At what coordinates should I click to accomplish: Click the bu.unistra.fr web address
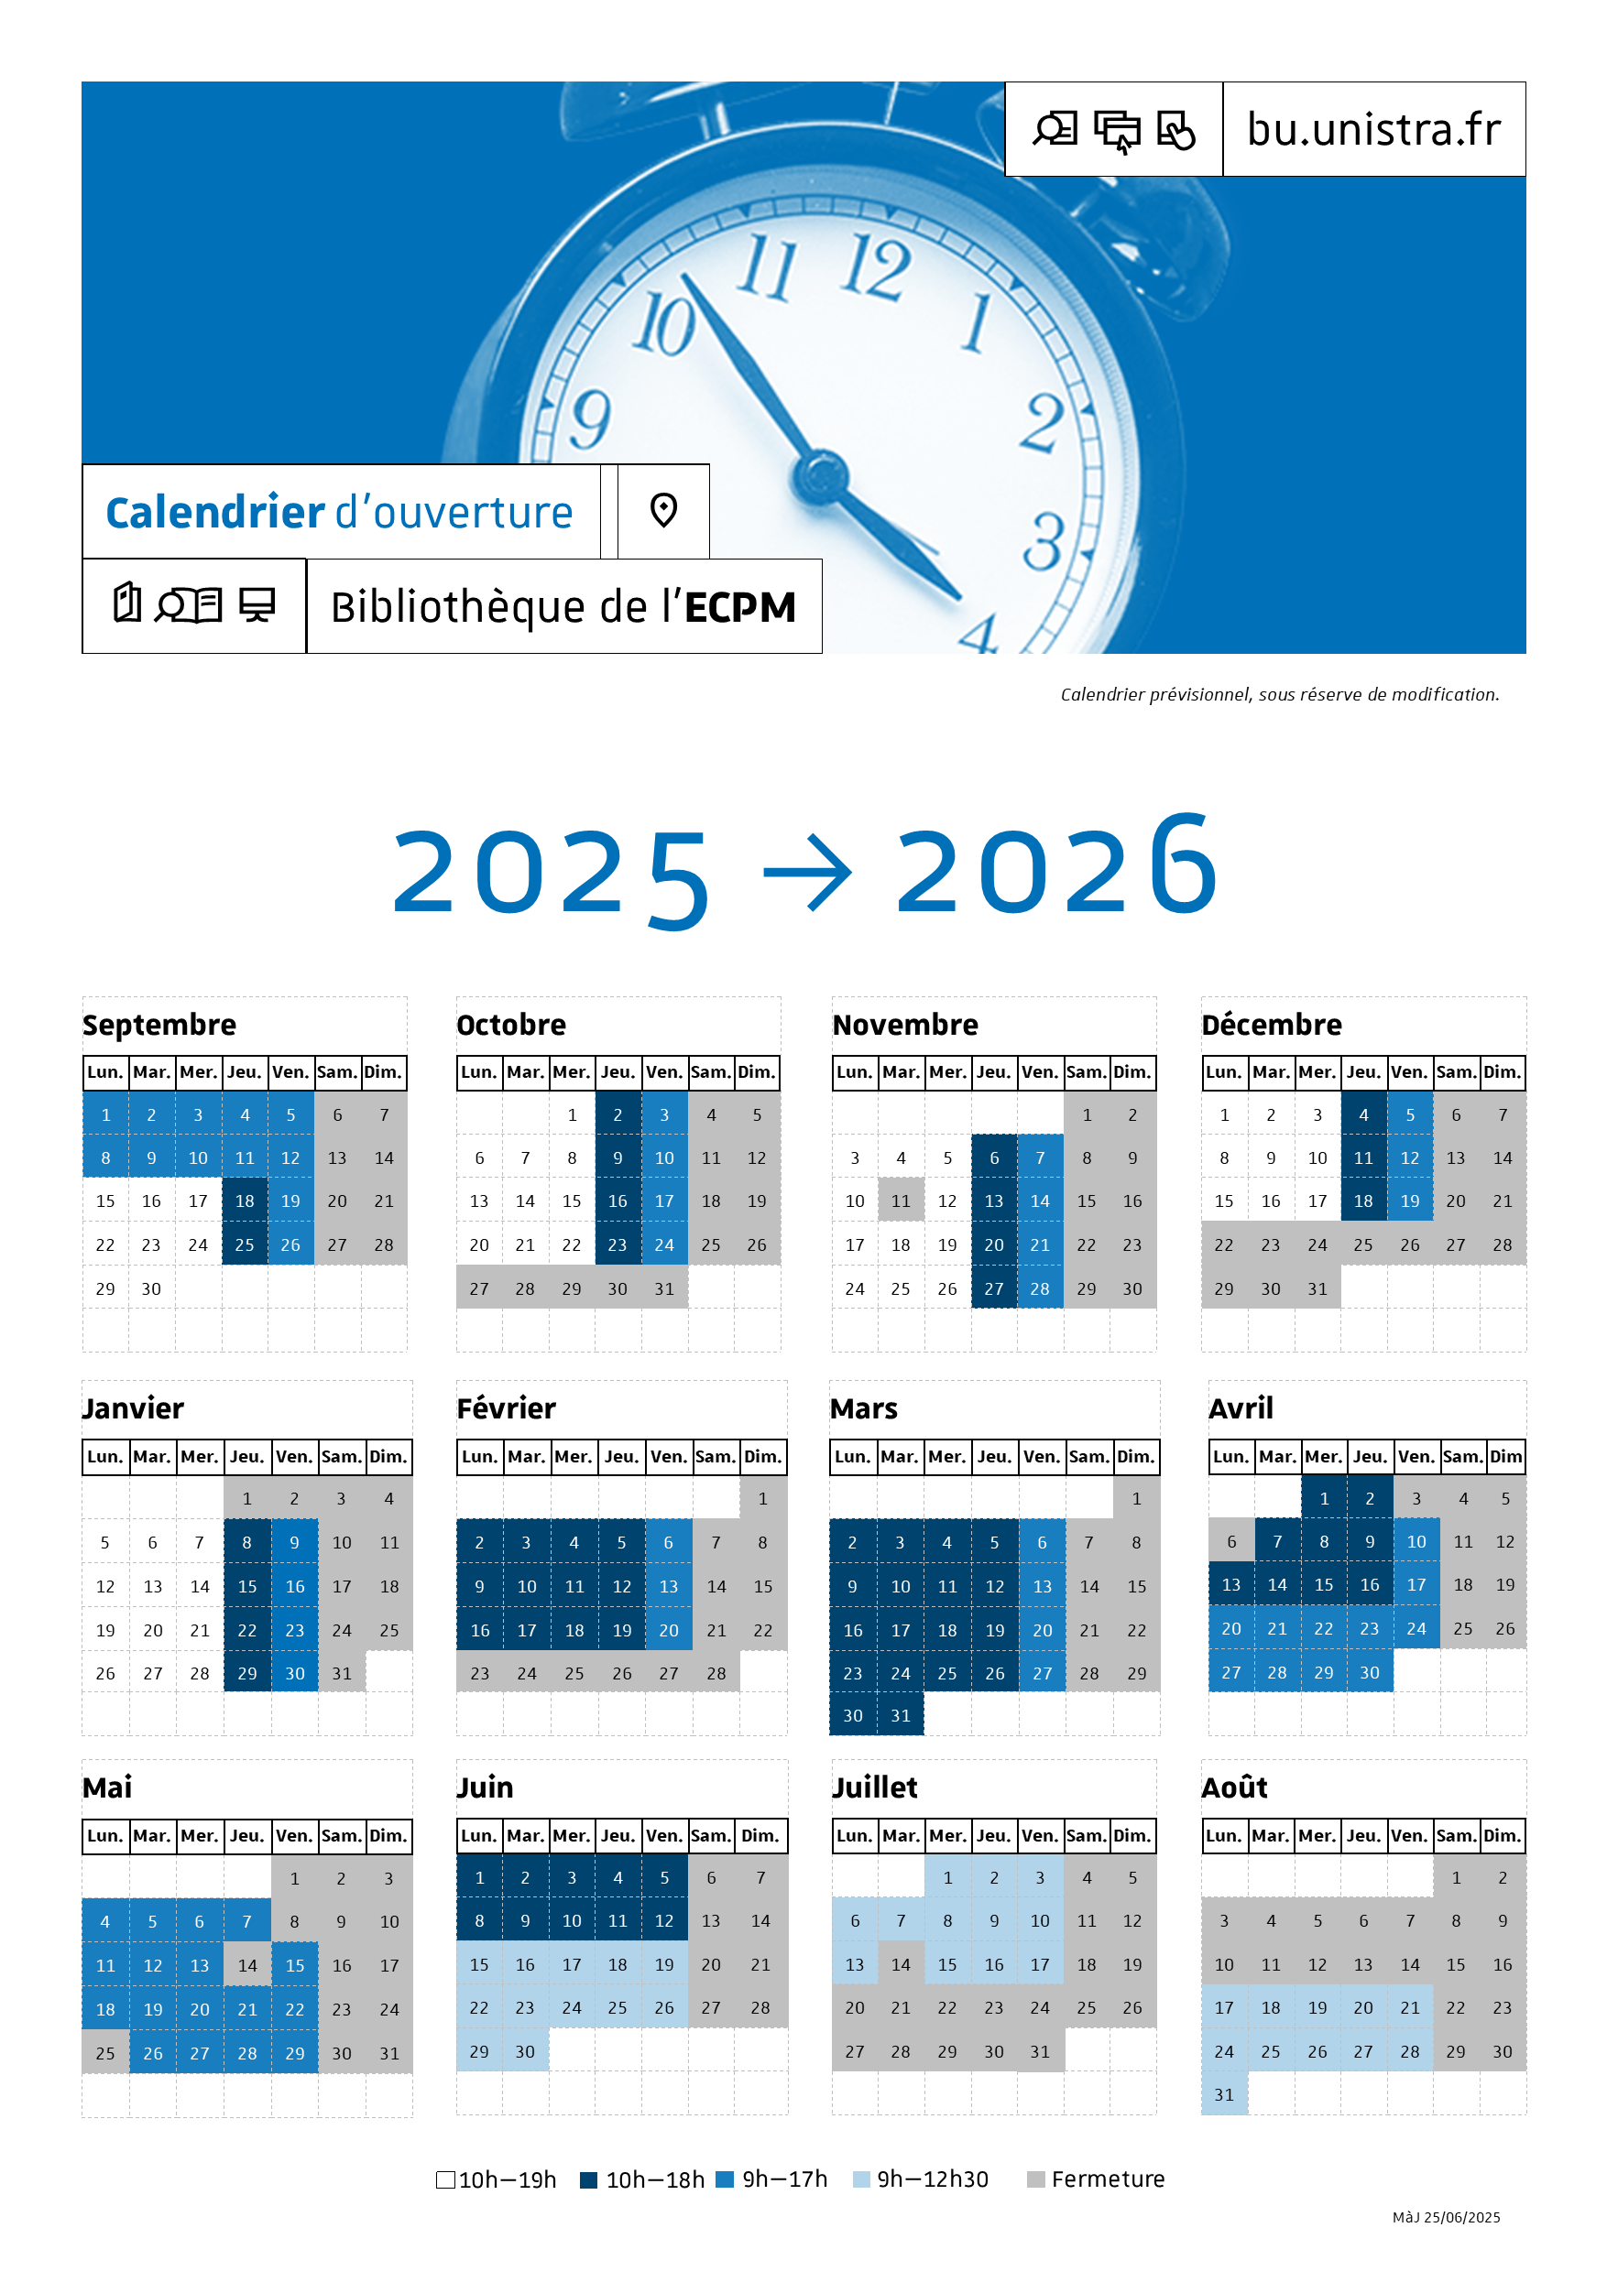tap(1373, 129)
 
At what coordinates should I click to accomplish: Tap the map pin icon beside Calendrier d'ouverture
tap(663, 510)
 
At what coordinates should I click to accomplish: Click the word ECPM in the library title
tap(740, 607)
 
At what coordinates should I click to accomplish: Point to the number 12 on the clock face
tap(875, 267)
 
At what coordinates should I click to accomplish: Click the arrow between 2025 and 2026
tap(807, 872)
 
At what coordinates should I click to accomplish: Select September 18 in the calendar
tap(245, 1201)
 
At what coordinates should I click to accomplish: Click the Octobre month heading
tap(510, 1025)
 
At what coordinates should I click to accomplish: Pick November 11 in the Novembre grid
tap(901, 1201)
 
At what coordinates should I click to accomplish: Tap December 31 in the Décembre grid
tap(1317, 1288)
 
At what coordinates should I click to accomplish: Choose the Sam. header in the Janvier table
tap(342, 1456)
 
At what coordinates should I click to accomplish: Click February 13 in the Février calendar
tap(669, 1587)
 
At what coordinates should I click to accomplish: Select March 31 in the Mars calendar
tap(901, 1716)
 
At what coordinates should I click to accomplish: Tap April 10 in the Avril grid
tap(1416, 1542)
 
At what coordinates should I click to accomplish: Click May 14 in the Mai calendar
tap(247, 1966)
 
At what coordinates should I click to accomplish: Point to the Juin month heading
tap(485, 1787)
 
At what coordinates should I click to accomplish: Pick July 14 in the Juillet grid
tap(901, 1965)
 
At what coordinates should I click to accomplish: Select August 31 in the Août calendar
tap(1224, 2095)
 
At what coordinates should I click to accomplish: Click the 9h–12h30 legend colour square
tap(862, 2180)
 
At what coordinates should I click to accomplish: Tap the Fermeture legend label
tap(1108, 2180)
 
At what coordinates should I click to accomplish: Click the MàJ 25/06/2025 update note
tap(1446, 2218)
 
